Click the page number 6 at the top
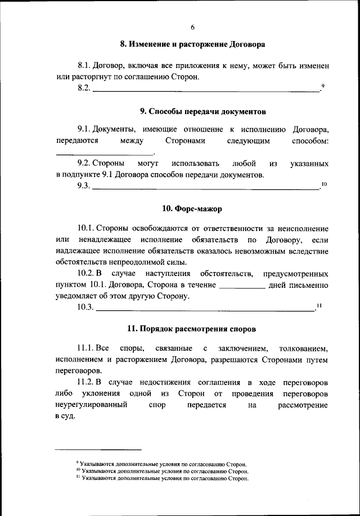point(192,26)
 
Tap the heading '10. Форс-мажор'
point(192,209)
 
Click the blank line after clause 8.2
point(205,90)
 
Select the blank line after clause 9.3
point(205,188)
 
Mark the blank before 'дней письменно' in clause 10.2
point(241,287)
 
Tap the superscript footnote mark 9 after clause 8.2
point(323,86)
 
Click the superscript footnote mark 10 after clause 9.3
point(323,184)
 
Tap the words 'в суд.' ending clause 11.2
point(65,417)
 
